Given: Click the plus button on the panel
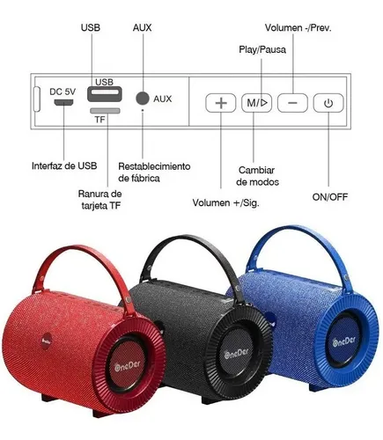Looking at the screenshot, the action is tap(221, 103).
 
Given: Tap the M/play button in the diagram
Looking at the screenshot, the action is tap(256, 103).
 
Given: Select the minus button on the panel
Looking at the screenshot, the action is tap(292, 103).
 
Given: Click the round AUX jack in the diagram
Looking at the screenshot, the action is tap(143, 98).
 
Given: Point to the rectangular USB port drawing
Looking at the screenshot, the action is tap(105, 94).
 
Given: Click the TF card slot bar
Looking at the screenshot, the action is tap(105, 111).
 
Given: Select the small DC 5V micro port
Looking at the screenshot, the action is tap(63, 102).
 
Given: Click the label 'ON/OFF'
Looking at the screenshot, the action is tap(330, 197).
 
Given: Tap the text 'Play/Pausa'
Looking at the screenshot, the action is tap(262, 49).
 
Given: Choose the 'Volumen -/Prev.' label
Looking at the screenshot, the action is tap(298, 28).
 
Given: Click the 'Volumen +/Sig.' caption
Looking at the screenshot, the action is tap(226, 202).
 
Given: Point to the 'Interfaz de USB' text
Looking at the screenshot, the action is tap(64, 165).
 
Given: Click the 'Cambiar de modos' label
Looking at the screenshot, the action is tap(257, 176).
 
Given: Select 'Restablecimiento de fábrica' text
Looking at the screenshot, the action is tap(154, 172).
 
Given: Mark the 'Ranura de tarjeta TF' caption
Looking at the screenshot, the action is tap(100, 200).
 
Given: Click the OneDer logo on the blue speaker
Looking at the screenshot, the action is tap(344, 341).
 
